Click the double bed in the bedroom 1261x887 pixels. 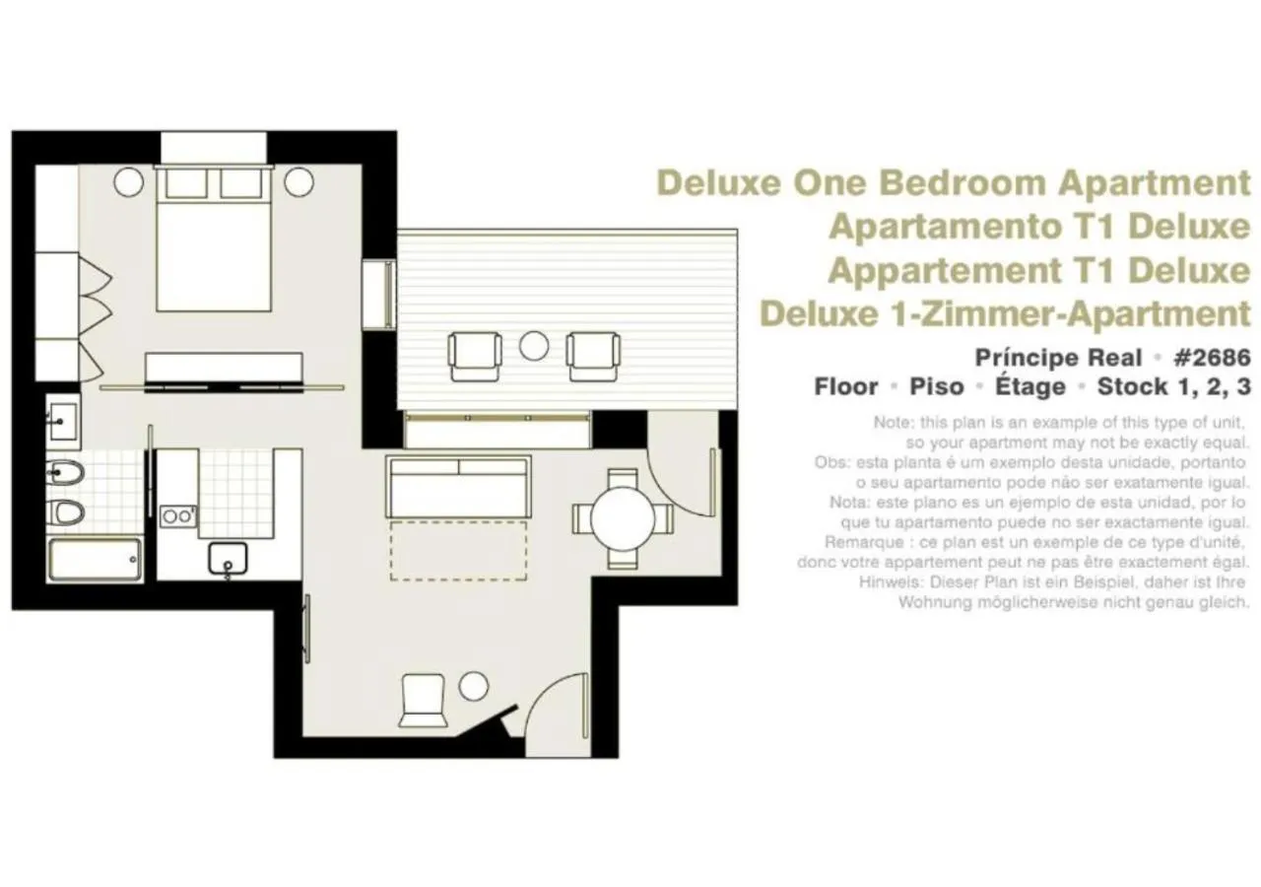[214, 241]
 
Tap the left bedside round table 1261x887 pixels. [129, 181]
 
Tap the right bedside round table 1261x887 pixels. [298, 181]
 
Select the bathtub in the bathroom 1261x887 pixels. [95, 559]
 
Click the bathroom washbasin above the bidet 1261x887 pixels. [63, 423]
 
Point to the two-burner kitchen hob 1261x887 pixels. [178, 515]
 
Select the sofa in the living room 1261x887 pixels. [459, 486]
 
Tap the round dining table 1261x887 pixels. [624, 518]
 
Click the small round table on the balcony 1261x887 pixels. [534, 345]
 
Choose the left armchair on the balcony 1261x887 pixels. [475, 356]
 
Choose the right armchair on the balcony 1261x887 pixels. [593, 356]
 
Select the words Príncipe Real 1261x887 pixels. [1058, 357]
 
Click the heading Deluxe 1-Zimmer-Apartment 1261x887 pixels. [1005, 313]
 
